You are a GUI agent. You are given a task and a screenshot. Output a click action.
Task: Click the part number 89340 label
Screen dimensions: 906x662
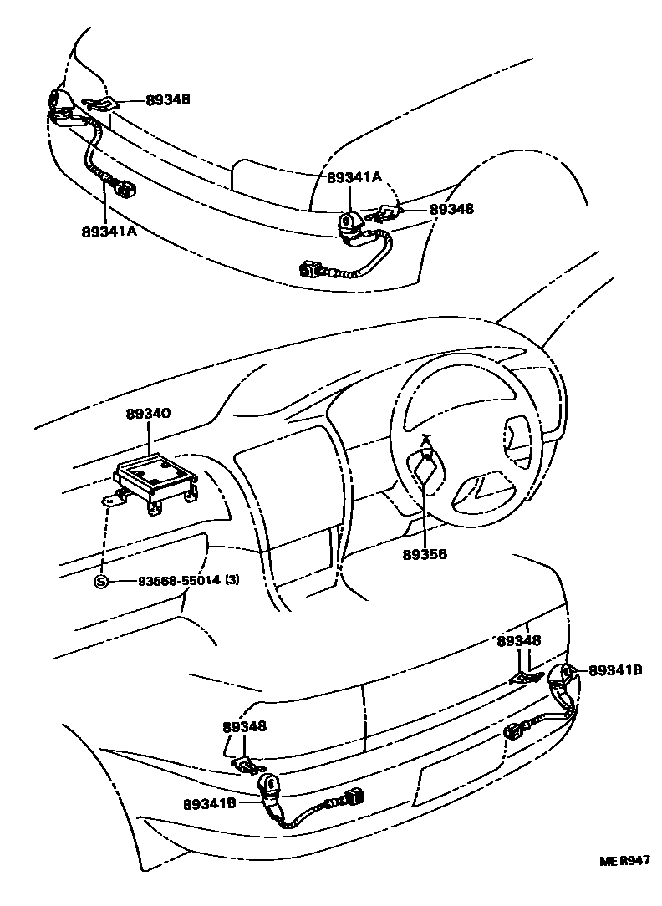(x=149, y=414)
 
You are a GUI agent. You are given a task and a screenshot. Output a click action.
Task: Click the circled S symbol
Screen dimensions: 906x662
(x=100, y=582)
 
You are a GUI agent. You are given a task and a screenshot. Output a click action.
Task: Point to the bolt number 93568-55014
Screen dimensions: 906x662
(x=174, y=582)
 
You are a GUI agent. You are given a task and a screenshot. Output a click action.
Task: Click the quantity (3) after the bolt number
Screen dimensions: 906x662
(x=232, y=582)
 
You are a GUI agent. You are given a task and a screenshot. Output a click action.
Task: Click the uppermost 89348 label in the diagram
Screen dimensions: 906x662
(x=168, y=99)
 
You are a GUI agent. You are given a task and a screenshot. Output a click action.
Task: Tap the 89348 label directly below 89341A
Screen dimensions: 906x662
(x=451, y=209)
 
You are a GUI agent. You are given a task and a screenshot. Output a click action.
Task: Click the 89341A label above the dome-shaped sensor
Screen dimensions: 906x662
(x=354, y=177)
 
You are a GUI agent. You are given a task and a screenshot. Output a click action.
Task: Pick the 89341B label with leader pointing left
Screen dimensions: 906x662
(x=614, y=670)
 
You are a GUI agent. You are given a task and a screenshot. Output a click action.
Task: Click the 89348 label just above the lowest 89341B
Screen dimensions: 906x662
(x=244, y=727)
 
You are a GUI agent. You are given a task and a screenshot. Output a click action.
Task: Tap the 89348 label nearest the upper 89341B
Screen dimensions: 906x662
(x=518, y=641)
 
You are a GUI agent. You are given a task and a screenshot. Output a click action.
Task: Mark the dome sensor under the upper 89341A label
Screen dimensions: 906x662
(x=349, y=222)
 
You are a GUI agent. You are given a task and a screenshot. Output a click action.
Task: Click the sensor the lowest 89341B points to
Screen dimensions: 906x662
(x=269, y=786)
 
